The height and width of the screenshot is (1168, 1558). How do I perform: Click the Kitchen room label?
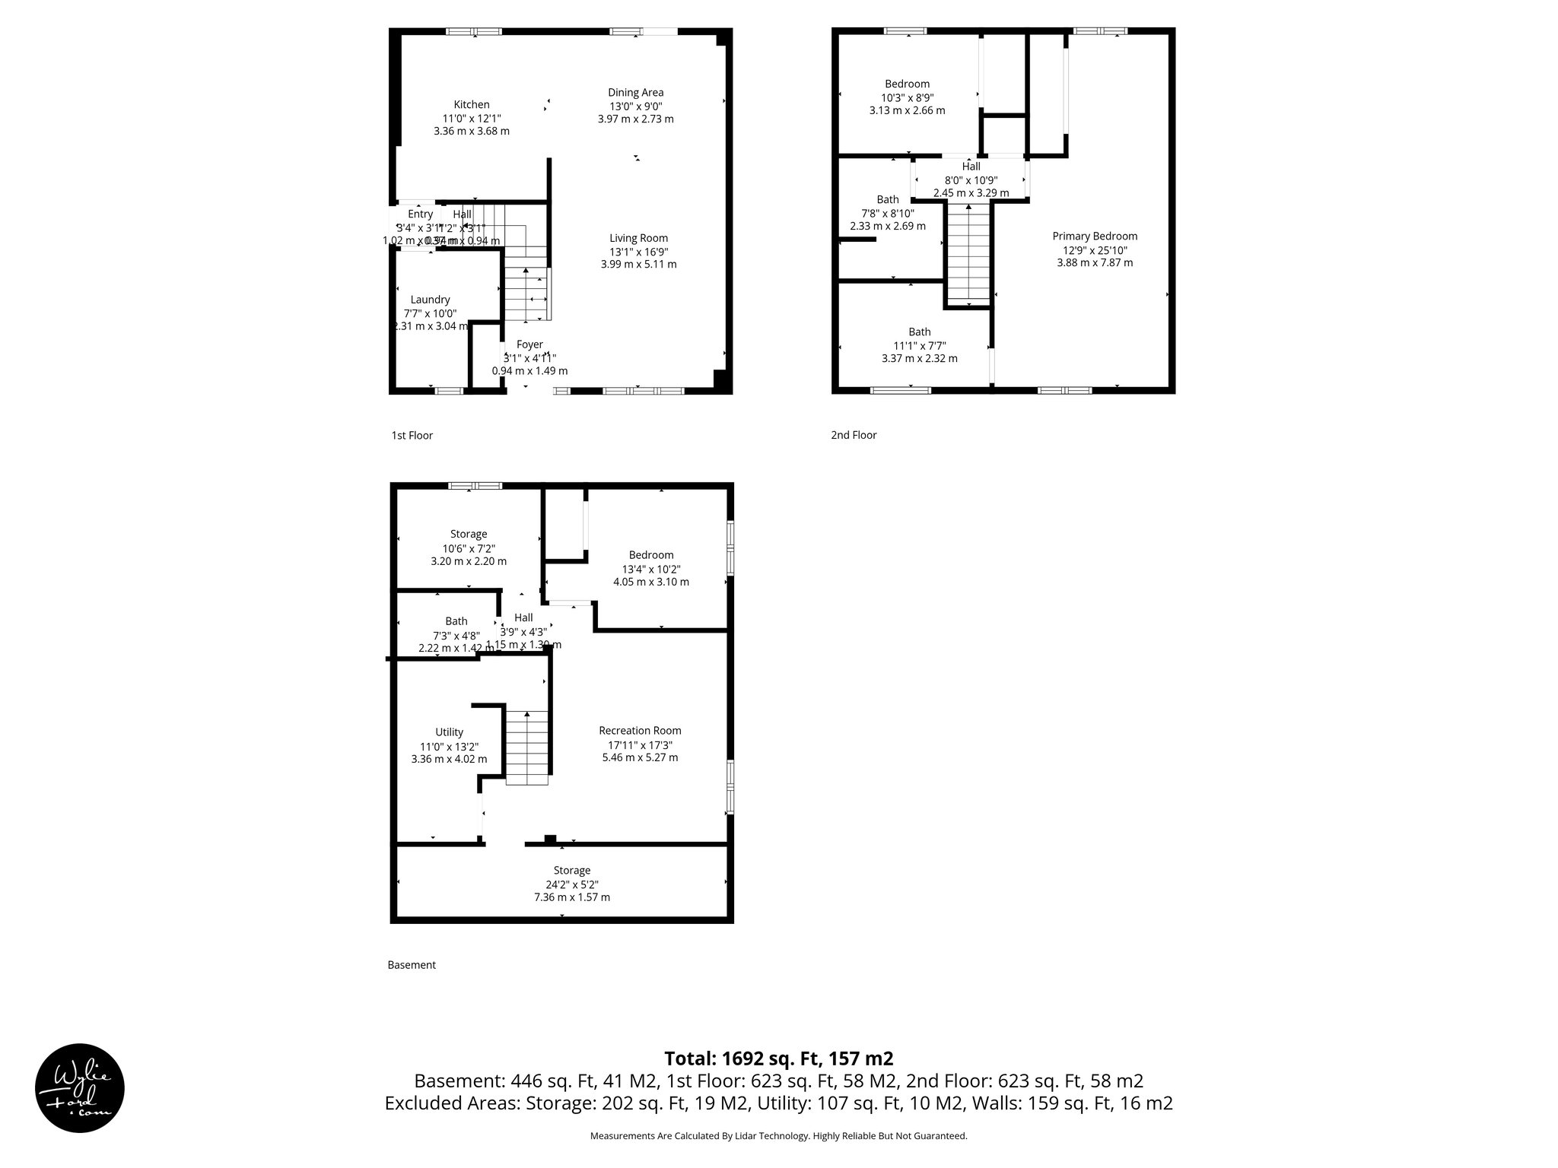click(x=472, y=105)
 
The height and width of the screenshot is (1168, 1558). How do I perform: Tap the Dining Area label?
click(x=635, y=93)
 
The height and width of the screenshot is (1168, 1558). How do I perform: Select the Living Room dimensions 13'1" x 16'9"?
click(x=638, y=252)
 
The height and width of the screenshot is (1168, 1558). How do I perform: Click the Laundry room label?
click(x=430, y=300)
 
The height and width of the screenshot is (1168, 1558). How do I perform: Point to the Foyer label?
click(x=529, y=344)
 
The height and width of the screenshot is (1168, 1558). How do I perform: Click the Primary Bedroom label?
click(x=1095, y=236)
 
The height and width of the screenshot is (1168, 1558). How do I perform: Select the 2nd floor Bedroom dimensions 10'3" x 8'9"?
click(x=907, y=97)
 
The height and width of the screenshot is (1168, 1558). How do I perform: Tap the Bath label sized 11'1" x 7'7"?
click(x=919, y=332)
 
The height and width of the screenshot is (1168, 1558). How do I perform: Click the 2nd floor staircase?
click(x=968, y=255)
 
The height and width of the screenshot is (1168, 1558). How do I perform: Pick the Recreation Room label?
click(x=640, y=731)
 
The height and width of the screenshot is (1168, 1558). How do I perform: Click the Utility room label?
click(x=449, y=732)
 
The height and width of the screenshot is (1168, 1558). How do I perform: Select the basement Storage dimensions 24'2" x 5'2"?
click(x=571, y=884)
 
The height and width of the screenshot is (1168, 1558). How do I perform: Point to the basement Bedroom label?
click(x=650, y=555)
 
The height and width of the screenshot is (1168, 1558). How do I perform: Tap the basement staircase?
click(x=526, y=747)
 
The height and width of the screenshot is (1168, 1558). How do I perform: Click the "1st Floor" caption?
click(x=412, y=436)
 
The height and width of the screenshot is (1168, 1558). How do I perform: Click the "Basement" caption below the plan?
click(x=412, y=965)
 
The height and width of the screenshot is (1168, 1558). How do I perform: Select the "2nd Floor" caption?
click(x=854, y=435)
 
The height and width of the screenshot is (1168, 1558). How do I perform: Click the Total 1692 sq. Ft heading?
click(x=778, y=1058)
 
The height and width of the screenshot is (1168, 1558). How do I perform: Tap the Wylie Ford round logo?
click(x=79, y=1087)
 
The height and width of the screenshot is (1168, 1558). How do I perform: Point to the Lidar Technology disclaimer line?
click(x=778, y=1136)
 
